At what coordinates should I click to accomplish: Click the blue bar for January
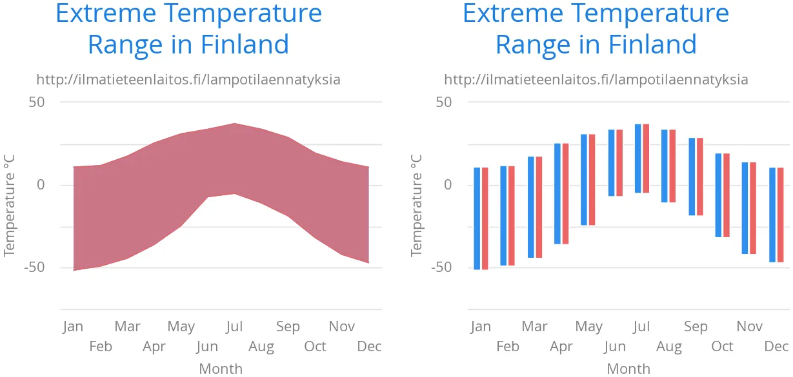(x=477, y=218)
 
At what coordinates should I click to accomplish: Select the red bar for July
(x=646, y=159)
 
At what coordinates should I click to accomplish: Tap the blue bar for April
(x=557, y=193)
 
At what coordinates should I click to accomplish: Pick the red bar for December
(x=780, y=215)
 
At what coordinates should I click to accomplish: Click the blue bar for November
(x=745, y=208)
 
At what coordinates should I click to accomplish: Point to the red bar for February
(x=512, y=216)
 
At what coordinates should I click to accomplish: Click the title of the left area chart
(x=188, y=29)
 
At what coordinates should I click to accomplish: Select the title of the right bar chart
(x=596, y=29)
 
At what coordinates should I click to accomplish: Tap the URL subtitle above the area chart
(x=188, y=80)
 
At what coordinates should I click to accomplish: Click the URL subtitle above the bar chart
(x=596, y=80)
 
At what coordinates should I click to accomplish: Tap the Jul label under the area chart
(x=234, y=327)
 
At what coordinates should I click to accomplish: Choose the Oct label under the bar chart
(x=722, y=347)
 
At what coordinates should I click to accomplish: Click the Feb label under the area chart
(x=101, y=347)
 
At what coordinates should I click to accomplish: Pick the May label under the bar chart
(x=588, y=327)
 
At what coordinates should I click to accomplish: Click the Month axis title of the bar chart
(x=628, y=369)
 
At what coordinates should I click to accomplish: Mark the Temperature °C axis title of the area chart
(x=10, y=206)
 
